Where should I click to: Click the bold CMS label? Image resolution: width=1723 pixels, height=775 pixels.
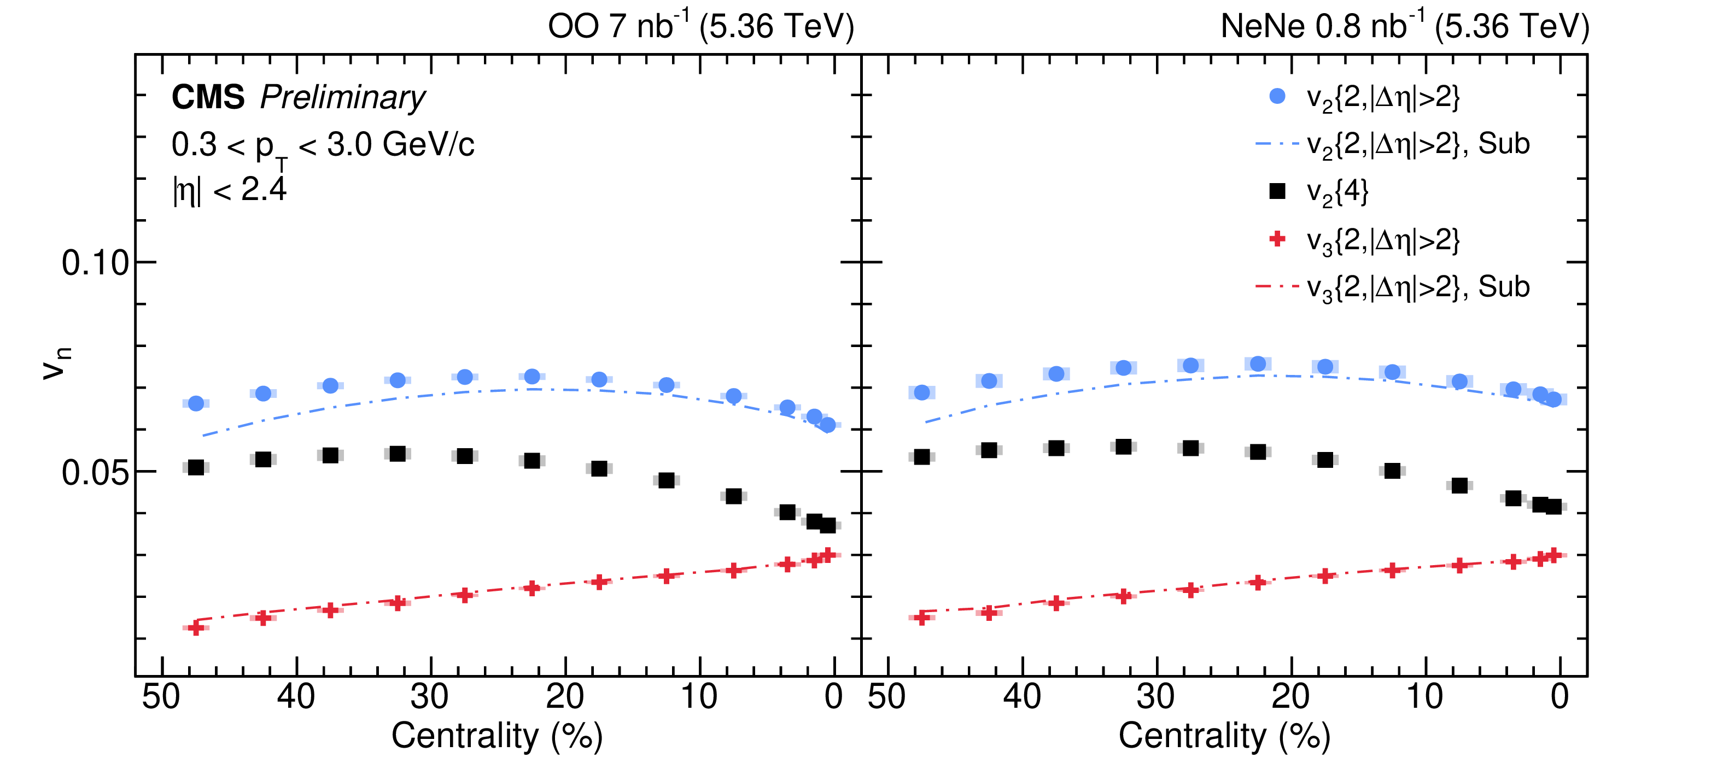pos(207,98)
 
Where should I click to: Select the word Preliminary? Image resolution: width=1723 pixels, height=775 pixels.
pos(342,98)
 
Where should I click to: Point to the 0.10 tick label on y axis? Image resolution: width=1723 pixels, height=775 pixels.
pos(95,263)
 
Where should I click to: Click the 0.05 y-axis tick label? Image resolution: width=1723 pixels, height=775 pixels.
pos(95,473)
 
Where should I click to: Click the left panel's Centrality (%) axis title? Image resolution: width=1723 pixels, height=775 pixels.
pos(497,736)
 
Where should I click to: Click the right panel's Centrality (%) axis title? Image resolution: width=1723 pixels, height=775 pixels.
pos(1224,736)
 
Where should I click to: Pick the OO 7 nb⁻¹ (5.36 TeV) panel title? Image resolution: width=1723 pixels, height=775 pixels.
pos(700,27)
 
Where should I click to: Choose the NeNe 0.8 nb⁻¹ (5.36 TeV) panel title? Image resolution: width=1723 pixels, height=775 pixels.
pos(1405,27)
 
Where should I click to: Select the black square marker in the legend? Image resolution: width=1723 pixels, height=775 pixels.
pos(1277,191)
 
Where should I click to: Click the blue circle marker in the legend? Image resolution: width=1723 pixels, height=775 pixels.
pos(1277,96)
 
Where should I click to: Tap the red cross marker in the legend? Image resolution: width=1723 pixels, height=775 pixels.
pos(1277,239)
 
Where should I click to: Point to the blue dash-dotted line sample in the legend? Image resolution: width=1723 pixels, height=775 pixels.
pos(1277,144)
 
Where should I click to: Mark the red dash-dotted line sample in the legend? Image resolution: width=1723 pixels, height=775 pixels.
pos(1277,287)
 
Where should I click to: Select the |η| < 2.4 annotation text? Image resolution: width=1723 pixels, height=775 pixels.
pos(230,190)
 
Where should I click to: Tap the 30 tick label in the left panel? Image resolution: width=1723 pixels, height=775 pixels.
pos(430,697)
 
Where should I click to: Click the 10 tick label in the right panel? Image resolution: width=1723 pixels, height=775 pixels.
pos(1424,697)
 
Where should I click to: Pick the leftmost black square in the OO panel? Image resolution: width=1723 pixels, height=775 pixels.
pos(196,467)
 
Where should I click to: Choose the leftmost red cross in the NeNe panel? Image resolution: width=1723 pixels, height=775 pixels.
pos(922,617)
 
